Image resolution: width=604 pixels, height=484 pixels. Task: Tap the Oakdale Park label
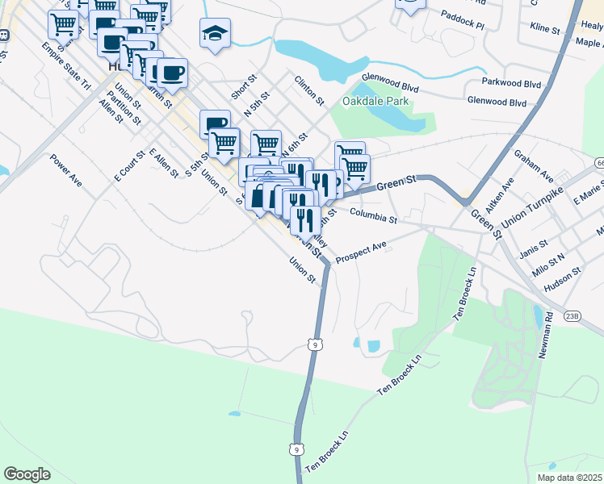tap(375, 102)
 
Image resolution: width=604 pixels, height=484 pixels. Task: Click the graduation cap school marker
tap(215, 34)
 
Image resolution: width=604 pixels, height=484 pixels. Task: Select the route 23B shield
tap(573, 315)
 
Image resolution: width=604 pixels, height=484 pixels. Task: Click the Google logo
tap(27, 474)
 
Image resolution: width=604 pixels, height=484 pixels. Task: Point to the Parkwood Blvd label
tap(510, 83)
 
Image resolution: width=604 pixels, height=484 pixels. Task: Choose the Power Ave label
tap(65, 170)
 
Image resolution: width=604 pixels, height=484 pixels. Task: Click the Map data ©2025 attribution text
tap(569, 478)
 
